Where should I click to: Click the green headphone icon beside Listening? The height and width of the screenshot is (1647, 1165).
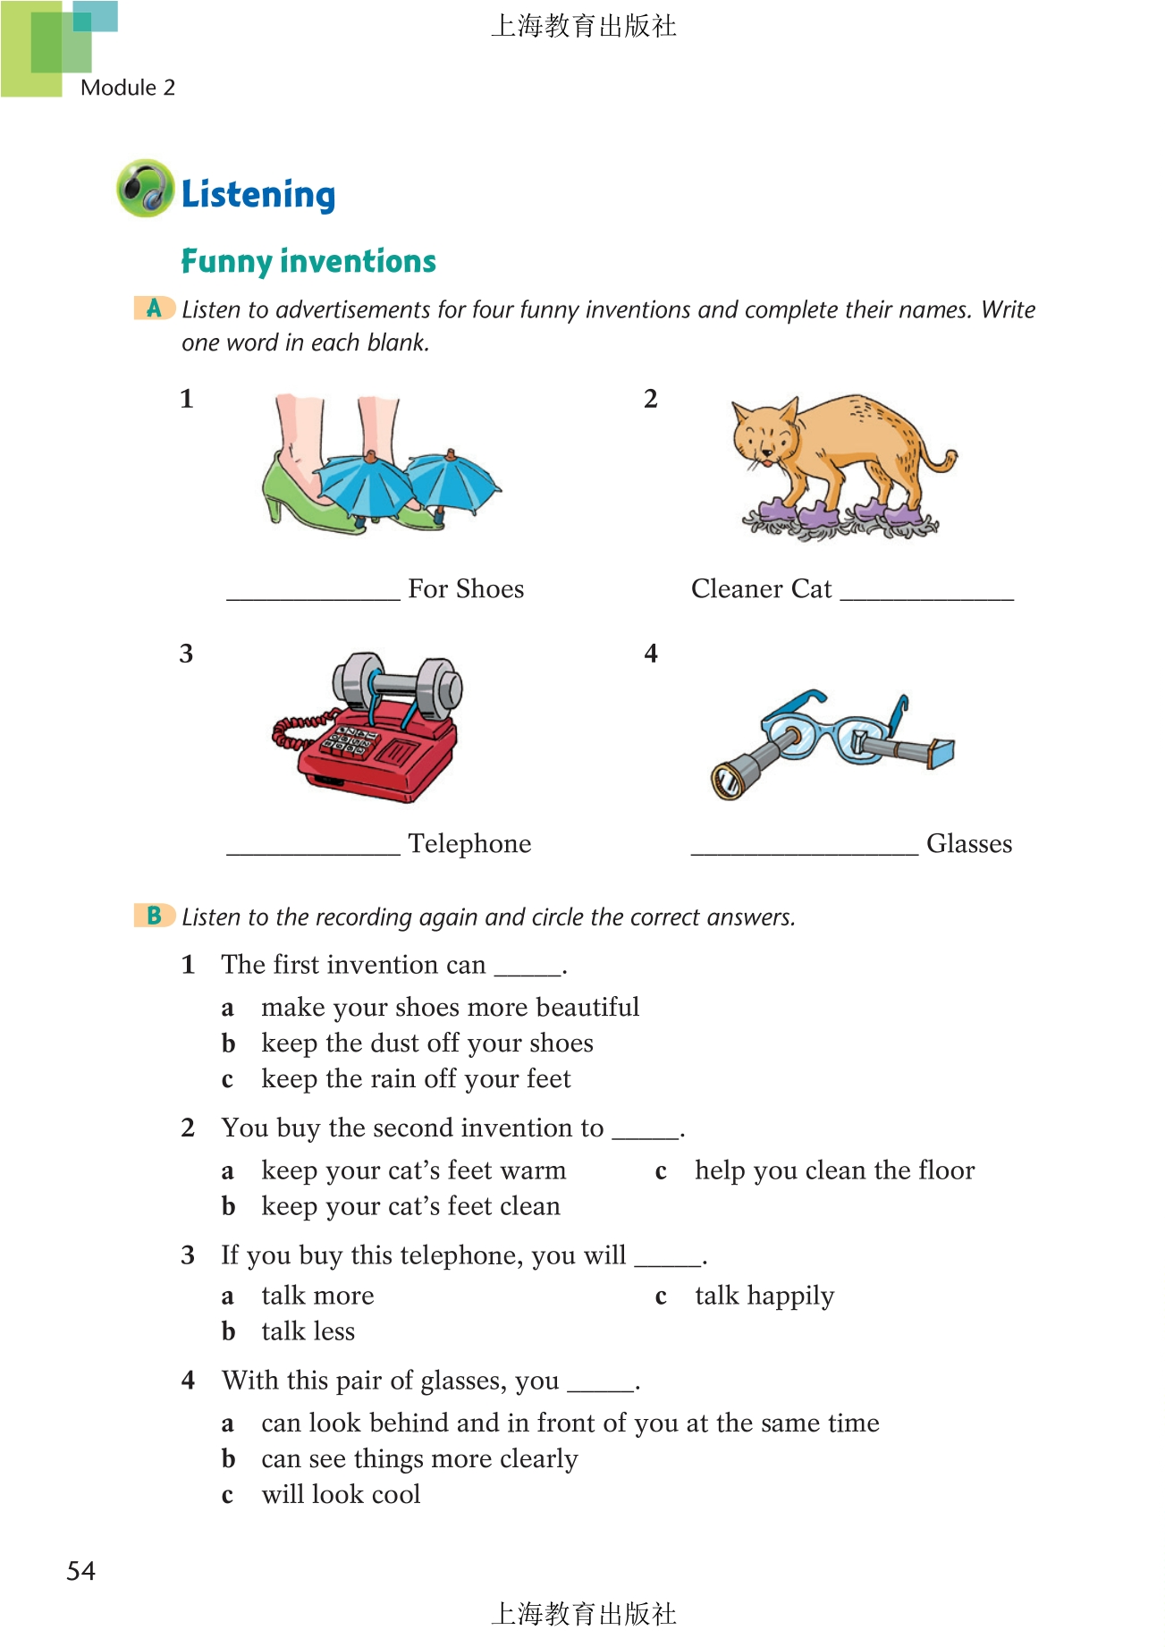pyautogui.click(x=145, y=189)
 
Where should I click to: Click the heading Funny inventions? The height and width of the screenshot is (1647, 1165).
pyautogui.click(x=308, y=261)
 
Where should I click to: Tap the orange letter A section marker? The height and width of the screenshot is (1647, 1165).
pyautogui.click(x=154, y=308)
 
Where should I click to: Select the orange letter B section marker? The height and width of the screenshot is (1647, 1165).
pyautogui.click(x=154, y=916)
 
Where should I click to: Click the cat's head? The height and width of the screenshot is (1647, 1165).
pyautogui.click(x=764, y=434)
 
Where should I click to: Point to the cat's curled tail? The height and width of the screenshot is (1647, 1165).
pyautogui.click(x=941, y=460)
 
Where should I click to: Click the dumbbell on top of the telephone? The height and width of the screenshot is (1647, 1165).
pyautogui.click(x=398, y=687)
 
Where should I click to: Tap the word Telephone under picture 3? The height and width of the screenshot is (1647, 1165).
pyautogui.click(x=469, y=844)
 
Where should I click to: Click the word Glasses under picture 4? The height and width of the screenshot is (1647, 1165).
pyautogui.click(x=969, y=844)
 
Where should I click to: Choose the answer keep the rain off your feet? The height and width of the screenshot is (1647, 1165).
pyautogui.click(x=416, y=1079)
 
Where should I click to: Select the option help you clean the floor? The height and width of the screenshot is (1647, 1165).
pyautogui.click(x=834, y=1170)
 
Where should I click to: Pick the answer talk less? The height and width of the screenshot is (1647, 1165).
pyautogui.click(x=308, y=1331)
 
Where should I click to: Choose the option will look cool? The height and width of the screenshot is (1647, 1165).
pyautogui.click(x=341, y=1495)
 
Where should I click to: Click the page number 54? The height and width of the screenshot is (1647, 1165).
pyautogui.click(x=81, y=1571)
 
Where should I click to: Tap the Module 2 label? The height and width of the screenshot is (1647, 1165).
pyautogui.click(x=128, y=88)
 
